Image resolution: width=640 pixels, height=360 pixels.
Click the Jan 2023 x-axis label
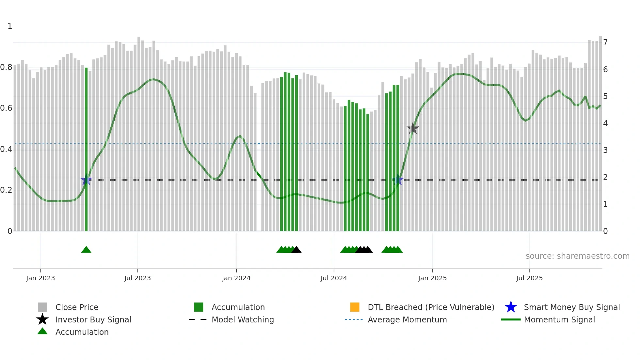(x=40, y=278)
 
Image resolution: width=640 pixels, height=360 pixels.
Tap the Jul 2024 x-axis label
(x=334, y=278)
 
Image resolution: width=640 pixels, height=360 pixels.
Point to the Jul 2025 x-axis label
(x=529, y=278)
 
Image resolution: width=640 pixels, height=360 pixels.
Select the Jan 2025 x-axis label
(x=432, y=278)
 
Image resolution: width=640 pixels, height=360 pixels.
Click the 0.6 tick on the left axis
(x=6, y=108)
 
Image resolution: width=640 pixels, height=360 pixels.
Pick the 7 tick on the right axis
(x=605, y=42)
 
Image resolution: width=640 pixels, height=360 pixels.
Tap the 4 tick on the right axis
(x=605, y=123)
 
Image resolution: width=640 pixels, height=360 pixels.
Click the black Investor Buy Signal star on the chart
(x=413, y=128)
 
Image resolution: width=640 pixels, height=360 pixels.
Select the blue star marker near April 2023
(x=86, y=180)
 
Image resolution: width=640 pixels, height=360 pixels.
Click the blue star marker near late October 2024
(x=398, y=180)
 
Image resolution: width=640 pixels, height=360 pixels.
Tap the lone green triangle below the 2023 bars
(x=86, y=250)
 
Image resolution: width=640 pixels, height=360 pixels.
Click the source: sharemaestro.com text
(x=577, y=256)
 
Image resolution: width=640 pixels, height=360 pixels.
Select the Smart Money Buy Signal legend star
(x=511, y=307)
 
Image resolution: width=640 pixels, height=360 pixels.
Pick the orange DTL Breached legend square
(x=355, y=307)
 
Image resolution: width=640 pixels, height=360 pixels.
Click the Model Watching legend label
(x=243, y=319)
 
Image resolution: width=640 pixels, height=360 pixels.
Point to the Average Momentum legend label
(x=407, y=319)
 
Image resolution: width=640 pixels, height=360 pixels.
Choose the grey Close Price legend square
(x=42, y=307)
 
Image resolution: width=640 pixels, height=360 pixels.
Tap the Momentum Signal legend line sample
(x=511, y=319)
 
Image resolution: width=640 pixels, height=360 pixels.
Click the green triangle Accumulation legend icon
(x=42, y=332)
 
